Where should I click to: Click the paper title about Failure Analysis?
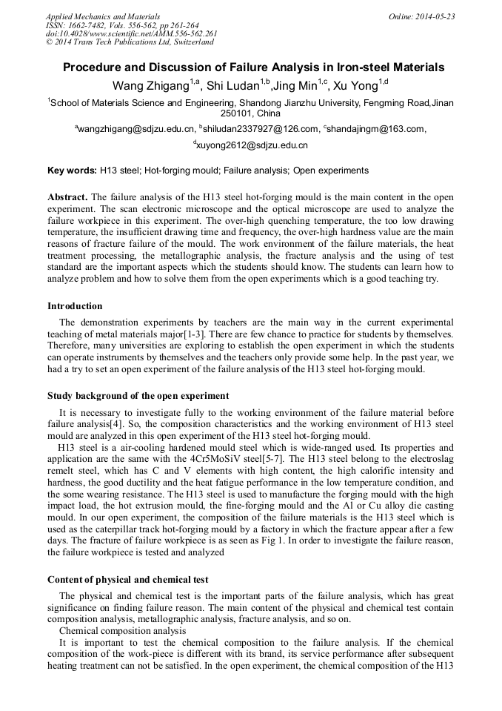click(253, 67)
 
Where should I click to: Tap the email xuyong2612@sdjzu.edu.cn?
click(252, 145)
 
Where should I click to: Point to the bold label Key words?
click(72, 171)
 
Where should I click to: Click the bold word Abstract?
click(67, 198)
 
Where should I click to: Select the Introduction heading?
click(75, 306)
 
